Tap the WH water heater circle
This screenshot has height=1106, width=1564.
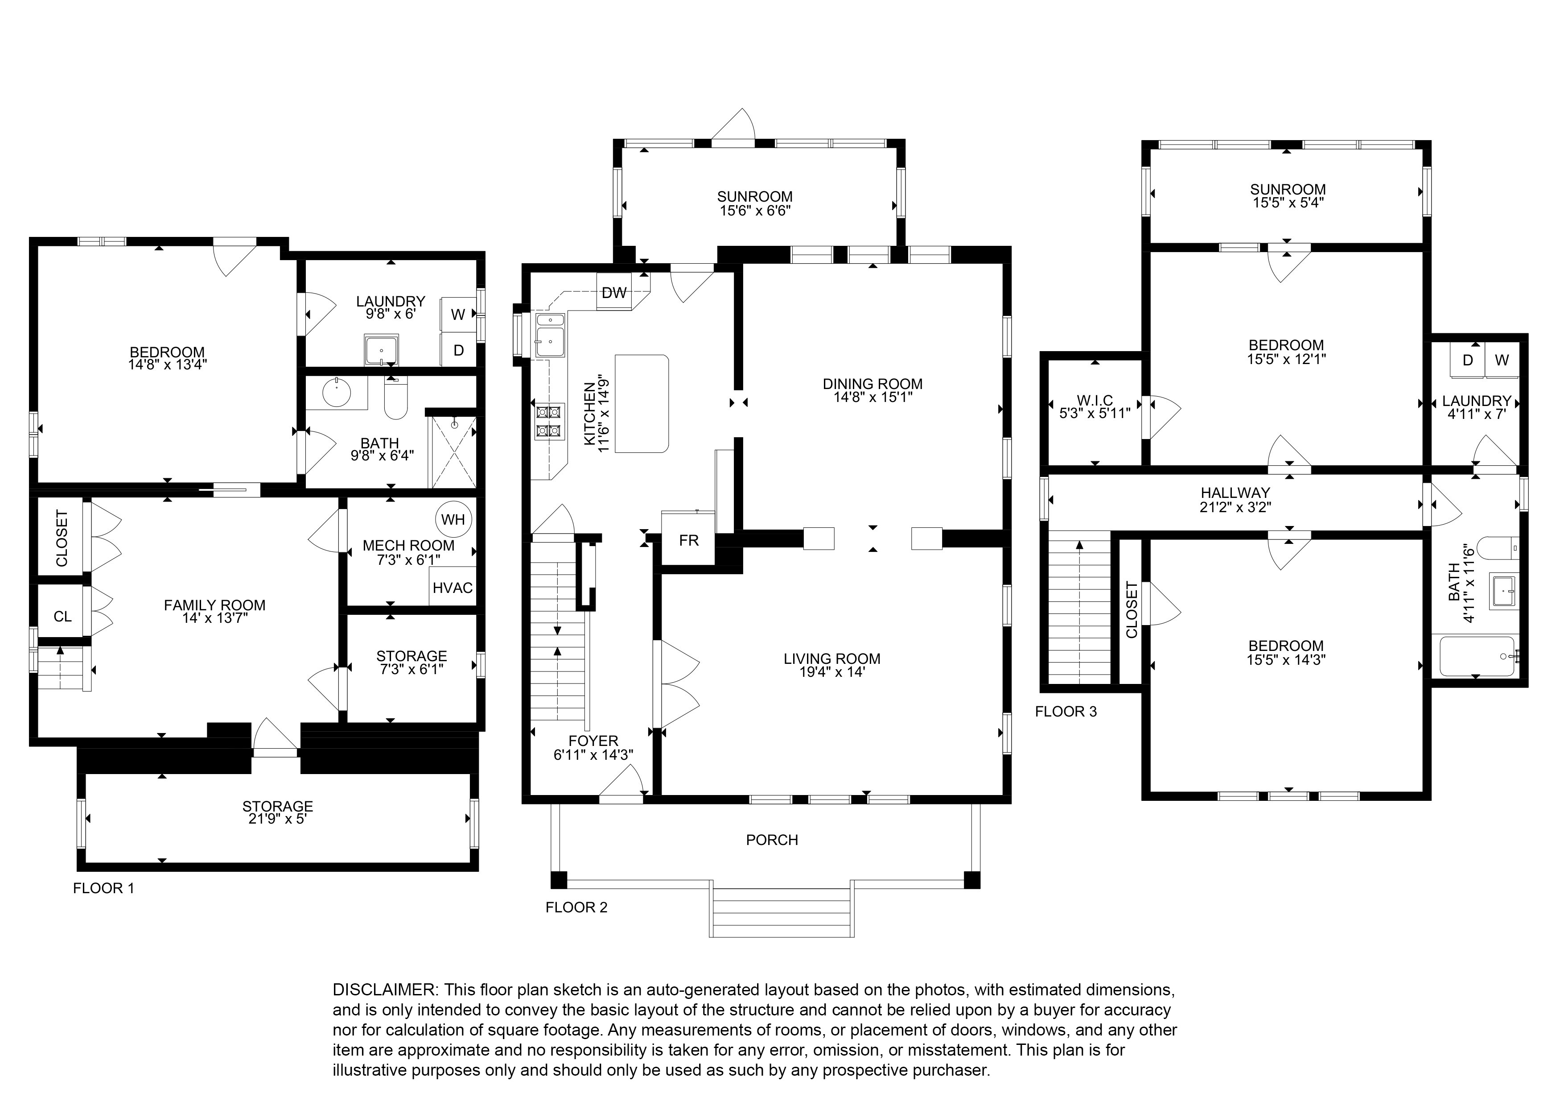pyautogui.click(x=453, y=520)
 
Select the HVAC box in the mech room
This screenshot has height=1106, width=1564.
pyautogui.click(x=453, y=588)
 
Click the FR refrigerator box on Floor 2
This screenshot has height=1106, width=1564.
pyautogui.click(x=689, y=540)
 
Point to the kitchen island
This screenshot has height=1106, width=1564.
pyautogui.click(x=641, y=403)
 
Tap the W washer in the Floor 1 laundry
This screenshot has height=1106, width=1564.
pyautogui.click(x=458, y=314)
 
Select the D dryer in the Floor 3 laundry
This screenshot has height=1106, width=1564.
pyautogui.click(x=1468, y=360)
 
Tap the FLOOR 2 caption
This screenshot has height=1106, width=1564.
pyautogui.click(x=576, y=907)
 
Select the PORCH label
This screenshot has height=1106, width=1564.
pyautogui.click(x=772, y=840)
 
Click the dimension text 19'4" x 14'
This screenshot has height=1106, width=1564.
pyautogui.click(x=832, y=672)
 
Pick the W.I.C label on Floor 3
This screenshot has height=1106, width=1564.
pyautogui.click(x=1095, y=400)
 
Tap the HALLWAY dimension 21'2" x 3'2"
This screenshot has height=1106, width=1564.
pyautogui.click(x=1235, y=506)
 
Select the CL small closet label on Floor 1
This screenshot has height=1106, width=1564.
pyautogui.click(x=63, y=616)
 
